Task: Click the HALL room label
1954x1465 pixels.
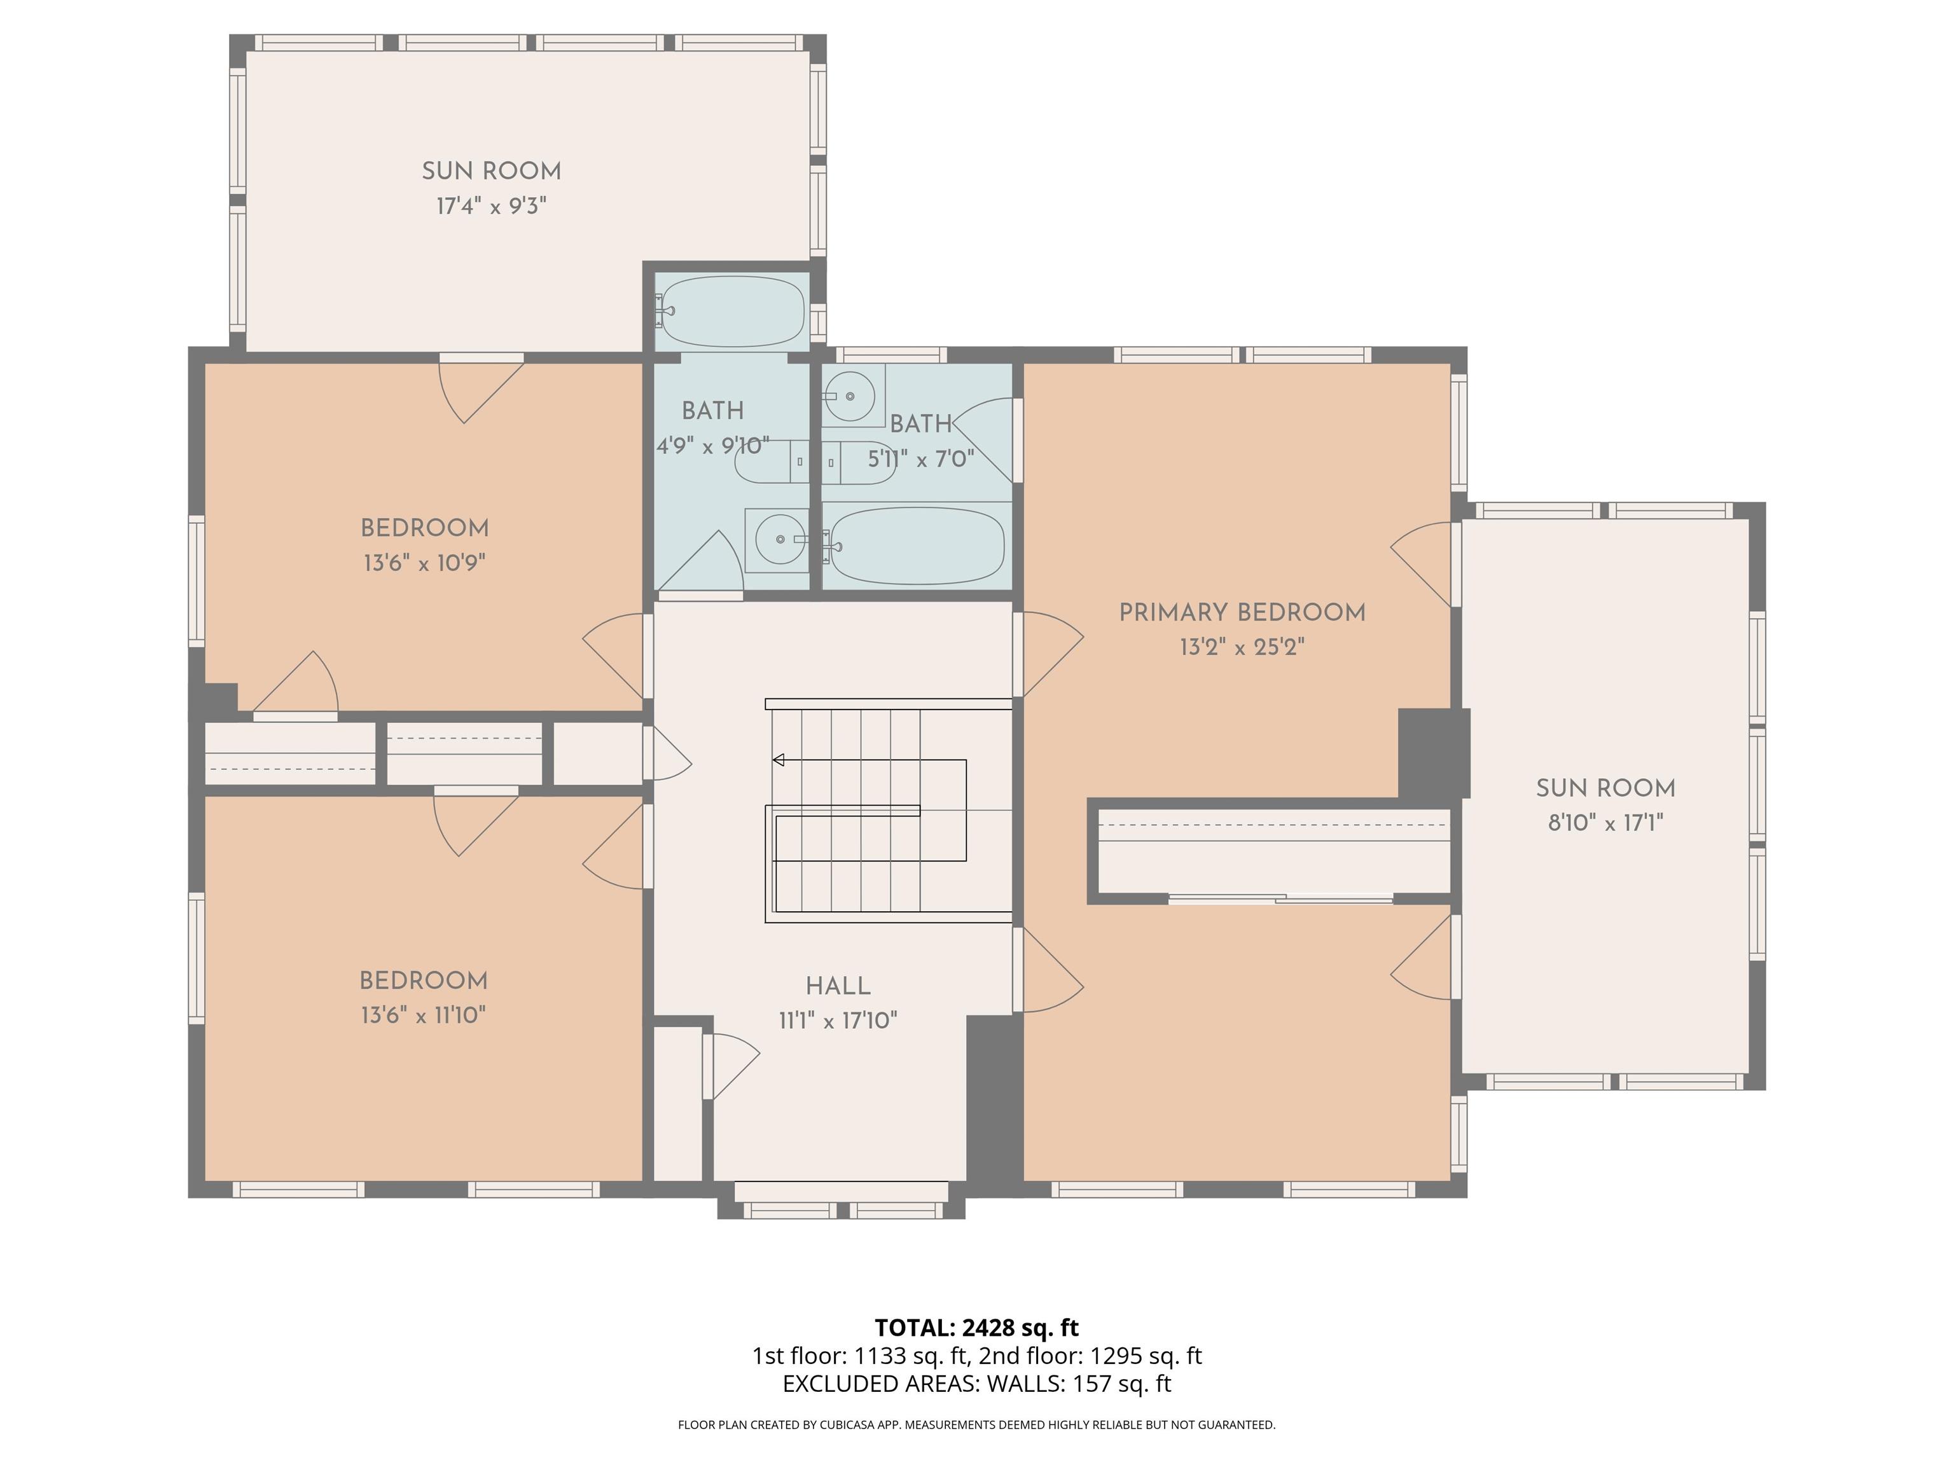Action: pyautogui.click(x=838, y=986)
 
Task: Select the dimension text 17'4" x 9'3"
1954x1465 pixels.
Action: pyautogui.click(x=491, y=206)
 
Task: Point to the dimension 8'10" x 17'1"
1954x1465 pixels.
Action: pyautogui.click(x=1605, y=823)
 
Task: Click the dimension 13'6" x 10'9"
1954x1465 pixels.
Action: pyautogui.click(x=424, y=563)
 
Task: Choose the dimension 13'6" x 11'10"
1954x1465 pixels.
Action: pyautogui.click(x=423, y=1015)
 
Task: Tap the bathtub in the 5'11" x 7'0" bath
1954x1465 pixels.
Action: pyautogui.click(x=917, y=546)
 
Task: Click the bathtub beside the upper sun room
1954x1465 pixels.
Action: pyautogui.click(x=731, y=312)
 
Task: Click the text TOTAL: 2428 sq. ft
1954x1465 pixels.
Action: pyautogui.click(x=976, y=1327)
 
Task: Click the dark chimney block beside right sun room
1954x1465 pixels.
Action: pyautogui.click(x=1434, y=753)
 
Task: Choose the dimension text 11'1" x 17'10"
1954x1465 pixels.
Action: pyautogui.click(x=838, y=1021)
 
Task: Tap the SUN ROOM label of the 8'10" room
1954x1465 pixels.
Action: pyautogui.click(x=1605, y=788)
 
